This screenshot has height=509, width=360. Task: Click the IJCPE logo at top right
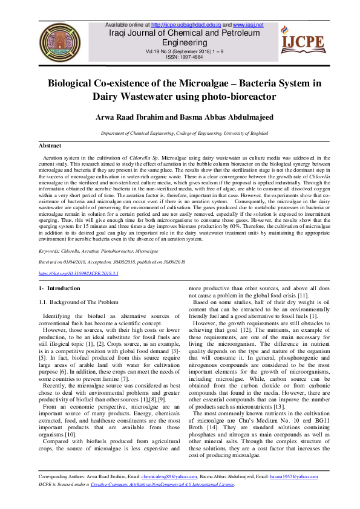pyautogui.click(x=302, y=41)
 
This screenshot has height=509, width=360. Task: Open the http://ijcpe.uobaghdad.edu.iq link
pyautogui.click(x=186, y=25)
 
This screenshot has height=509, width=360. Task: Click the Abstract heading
pyautogui.click(x=50, y=146)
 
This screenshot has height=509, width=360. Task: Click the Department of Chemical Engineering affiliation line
pyautogui.click(x=179, y=132)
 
